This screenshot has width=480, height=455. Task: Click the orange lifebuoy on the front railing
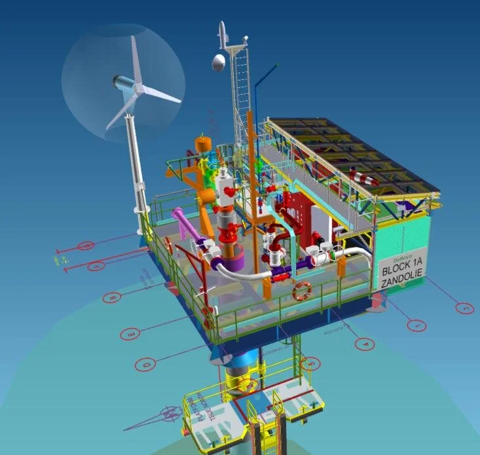point(301,291)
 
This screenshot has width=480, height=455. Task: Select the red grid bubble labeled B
point(112,297)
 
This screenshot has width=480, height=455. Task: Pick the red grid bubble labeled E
point(131,335)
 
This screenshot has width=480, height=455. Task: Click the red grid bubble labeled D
point(146,363)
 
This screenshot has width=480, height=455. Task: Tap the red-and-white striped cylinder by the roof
point(364,177)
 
